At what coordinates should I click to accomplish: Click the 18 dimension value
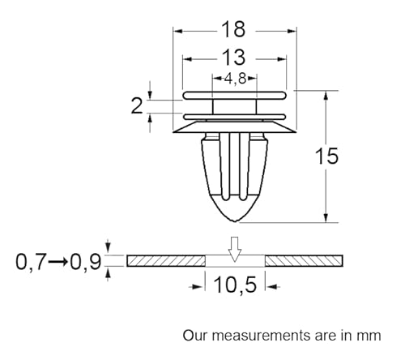coord(234,29)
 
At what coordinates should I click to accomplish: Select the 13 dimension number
coord(234,58)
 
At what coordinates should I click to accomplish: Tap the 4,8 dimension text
coord(235,79)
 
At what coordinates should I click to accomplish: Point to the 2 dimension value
coord(137,106)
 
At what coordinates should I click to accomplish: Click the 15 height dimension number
coord(326,156)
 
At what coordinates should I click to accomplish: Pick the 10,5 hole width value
coord(235,285)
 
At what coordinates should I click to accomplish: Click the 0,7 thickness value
coord(31,262)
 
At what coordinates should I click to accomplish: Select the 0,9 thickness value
coord(86,262)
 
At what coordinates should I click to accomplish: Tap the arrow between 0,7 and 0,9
coord(58,262)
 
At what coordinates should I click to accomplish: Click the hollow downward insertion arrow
coord(235,249)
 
